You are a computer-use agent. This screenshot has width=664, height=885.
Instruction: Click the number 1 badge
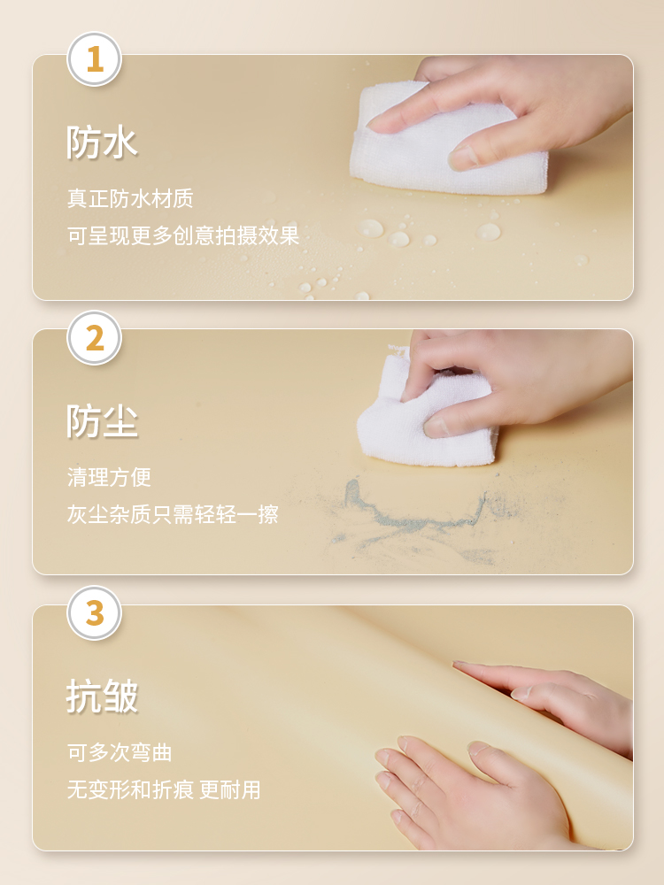95,59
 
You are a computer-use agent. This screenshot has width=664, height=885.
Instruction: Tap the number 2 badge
95,338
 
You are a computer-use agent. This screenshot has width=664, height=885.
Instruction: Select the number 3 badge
95,613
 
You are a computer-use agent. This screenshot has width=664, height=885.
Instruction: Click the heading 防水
102,142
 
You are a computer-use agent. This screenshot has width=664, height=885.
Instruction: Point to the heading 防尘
102,421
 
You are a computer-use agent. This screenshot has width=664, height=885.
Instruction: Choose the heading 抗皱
102,696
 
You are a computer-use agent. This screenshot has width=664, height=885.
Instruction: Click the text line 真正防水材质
130,198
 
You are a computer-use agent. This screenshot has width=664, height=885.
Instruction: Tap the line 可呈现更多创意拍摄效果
183,235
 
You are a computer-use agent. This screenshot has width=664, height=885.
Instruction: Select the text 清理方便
109,477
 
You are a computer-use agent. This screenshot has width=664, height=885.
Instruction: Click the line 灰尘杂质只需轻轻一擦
173,514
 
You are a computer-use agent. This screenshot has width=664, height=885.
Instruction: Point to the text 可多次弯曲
120,752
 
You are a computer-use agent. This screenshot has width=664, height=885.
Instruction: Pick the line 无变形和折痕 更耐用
164,789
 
